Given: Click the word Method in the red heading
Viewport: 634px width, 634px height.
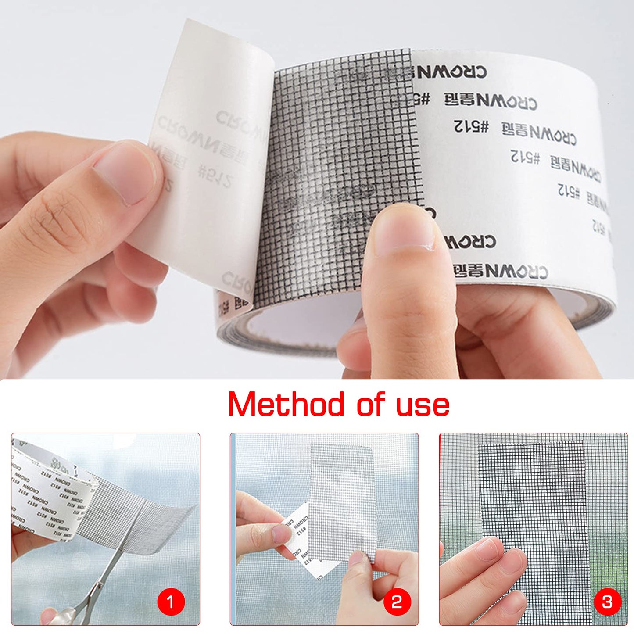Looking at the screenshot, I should point(286,404).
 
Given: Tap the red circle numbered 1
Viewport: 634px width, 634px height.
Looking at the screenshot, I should point(171,601).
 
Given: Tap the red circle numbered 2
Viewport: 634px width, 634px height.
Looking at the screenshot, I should point(396,601).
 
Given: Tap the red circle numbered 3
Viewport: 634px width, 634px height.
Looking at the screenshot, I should point(607,601).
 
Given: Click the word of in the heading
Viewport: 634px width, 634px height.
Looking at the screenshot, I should point(371,405).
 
